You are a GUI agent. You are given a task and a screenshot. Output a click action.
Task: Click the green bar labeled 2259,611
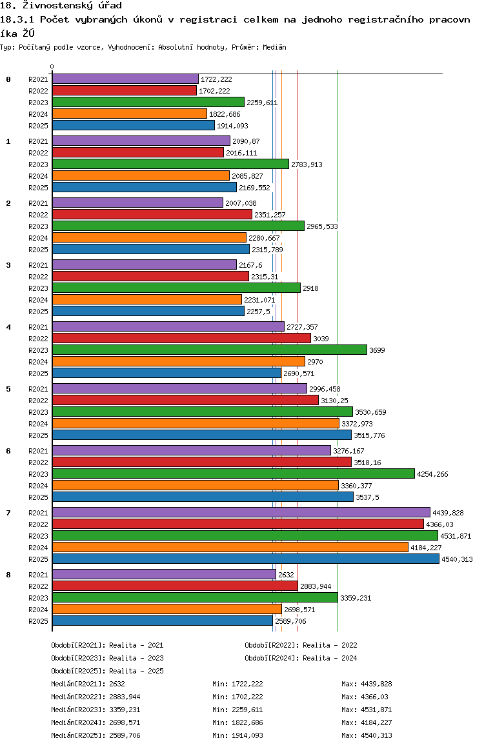148,103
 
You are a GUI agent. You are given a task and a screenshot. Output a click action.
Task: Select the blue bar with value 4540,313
246,559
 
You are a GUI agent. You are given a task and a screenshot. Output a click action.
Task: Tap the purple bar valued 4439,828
241,513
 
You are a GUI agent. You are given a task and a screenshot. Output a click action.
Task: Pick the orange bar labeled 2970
179,362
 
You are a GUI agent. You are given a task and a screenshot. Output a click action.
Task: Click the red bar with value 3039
181,338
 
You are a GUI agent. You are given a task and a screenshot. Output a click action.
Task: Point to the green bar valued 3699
210,350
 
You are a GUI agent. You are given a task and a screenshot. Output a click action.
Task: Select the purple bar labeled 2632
165,575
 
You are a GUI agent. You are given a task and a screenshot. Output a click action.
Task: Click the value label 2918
310,288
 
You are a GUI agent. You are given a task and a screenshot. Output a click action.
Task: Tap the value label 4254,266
432,474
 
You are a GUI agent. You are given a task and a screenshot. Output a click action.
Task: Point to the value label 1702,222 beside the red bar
214,91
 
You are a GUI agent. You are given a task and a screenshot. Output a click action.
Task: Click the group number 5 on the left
8,389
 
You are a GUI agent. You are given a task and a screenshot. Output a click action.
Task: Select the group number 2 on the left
8,203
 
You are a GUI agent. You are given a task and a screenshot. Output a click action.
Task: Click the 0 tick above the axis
52,66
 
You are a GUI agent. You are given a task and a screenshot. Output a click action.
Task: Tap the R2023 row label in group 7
38,536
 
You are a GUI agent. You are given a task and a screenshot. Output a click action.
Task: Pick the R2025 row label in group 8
38,621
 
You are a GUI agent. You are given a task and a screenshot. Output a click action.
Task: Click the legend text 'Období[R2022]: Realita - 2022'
301,645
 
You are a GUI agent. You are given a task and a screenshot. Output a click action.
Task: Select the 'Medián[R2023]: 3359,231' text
96,710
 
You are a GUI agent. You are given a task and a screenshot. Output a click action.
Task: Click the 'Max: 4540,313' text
367,735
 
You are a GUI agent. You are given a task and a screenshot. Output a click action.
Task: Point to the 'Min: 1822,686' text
237,722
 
